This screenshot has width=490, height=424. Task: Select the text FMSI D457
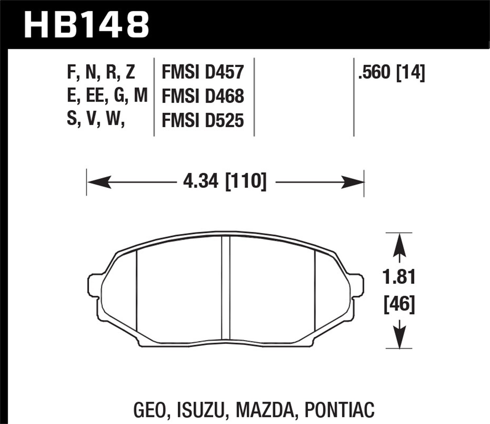(203, 72)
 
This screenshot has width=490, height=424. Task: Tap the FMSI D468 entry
(203, 97)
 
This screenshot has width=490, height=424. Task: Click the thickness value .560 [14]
(391, 73)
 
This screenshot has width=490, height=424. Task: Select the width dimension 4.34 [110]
(225, 181)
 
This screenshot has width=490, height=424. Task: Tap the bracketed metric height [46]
(399, 304)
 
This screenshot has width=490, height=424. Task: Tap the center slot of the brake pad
(226, 288)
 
